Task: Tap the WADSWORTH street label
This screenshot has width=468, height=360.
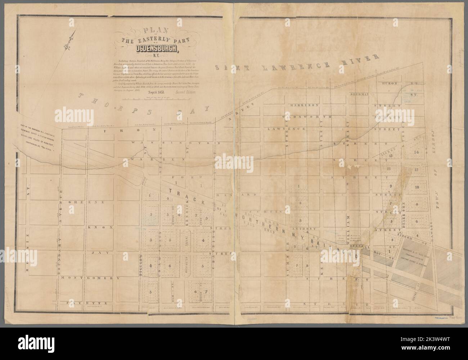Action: coord(307,117)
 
